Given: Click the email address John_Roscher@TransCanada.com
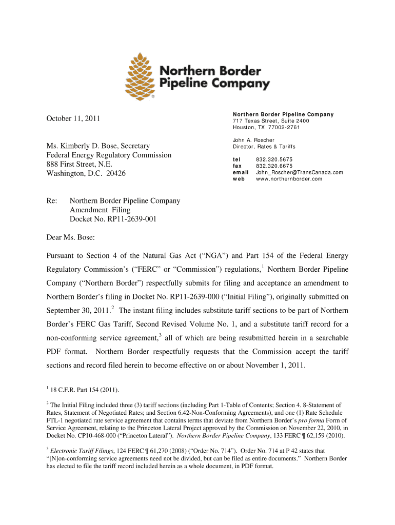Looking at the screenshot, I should click(x=299, y=173).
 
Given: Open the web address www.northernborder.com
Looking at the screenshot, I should click(x=289, y=179).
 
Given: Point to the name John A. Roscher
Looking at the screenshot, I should click(x=253, y=140).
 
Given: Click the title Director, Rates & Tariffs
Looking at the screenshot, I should click(x=264, y=147).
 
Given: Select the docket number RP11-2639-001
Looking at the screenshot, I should click(x=113, y=219).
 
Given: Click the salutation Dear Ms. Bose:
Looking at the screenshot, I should click(x=71, y=237).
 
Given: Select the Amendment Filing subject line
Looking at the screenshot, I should click(x=100, y=210).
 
